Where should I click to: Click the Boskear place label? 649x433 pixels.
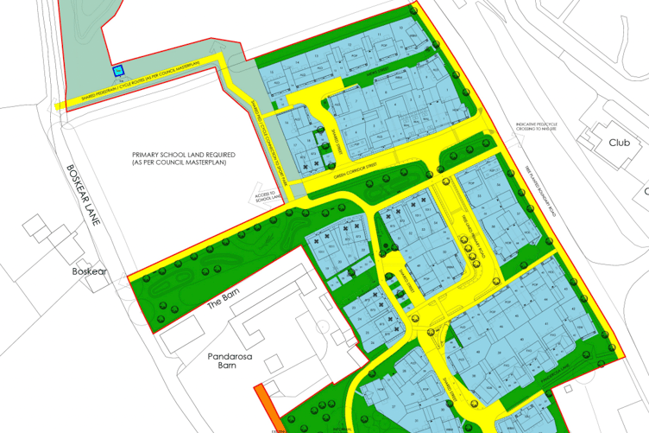click(89, 271)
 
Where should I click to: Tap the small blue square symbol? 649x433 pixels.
click(118, 72)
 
